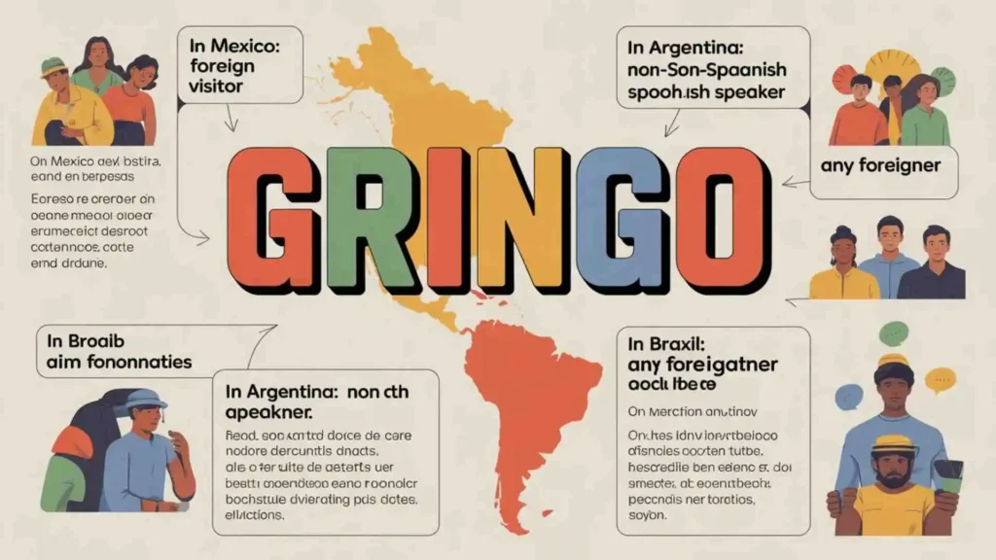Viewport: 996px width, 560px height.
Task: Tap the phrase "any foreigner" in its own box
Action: click(880, 165)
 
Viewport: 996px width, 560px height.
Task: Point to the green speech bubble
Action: click(893, 333)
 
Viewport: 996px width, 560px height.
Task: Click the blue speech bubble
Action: click(848, 396)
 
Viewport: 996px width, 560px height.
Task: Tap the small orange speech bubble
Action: click(940, 379)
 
